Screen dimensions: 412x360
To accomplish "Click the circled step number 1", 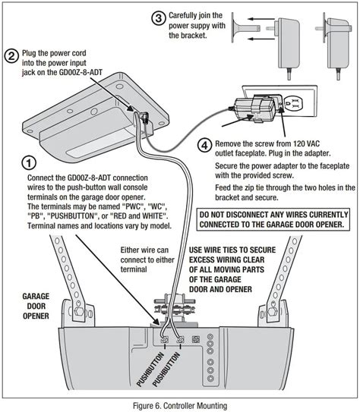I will (x=28, y=163).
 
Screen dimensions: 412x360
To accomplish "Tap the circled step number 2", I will (x=11, y=55).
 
